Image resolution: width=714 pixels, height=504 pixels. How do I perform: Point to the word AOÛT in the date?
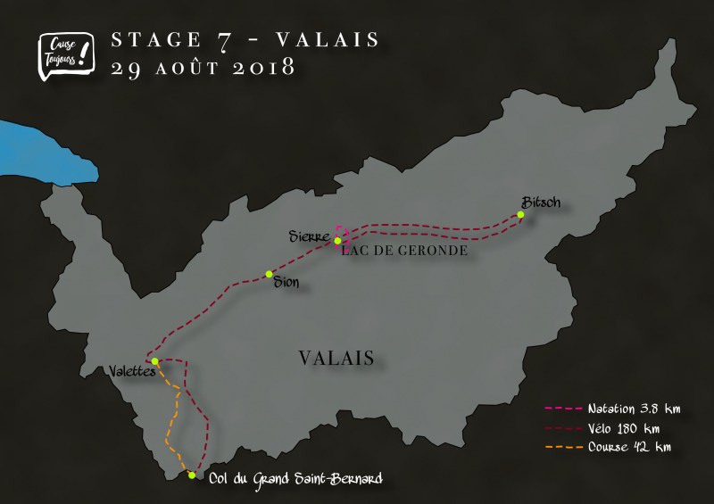tap(180, 68)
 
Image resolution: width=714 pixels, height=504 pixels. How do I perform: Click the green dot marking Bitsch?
tap(520, 214)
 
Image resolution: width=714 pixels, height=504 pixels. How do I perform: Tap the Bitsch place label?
tap(543, 202)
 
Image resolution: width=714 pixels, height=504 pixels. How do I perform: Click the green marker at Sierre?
tap(337, 241)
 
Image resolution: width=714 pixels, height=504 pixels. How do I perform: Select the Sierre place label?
tap(310, 236)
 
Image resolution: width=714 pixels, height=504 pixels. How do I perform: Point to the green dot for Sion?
tap(268, 275)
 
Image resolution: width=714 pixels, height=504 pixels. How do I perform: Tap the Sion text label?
tap(286, 283)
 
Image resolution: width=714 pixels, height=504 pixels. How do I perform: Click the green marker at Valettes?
tap(155, 361)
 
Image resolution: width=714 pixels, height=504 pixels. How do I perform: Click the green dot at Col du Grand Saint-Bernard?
tap(192, 475)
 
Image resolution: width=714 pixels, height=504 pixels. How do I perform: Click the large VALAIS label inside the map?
tap(336, 358)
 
